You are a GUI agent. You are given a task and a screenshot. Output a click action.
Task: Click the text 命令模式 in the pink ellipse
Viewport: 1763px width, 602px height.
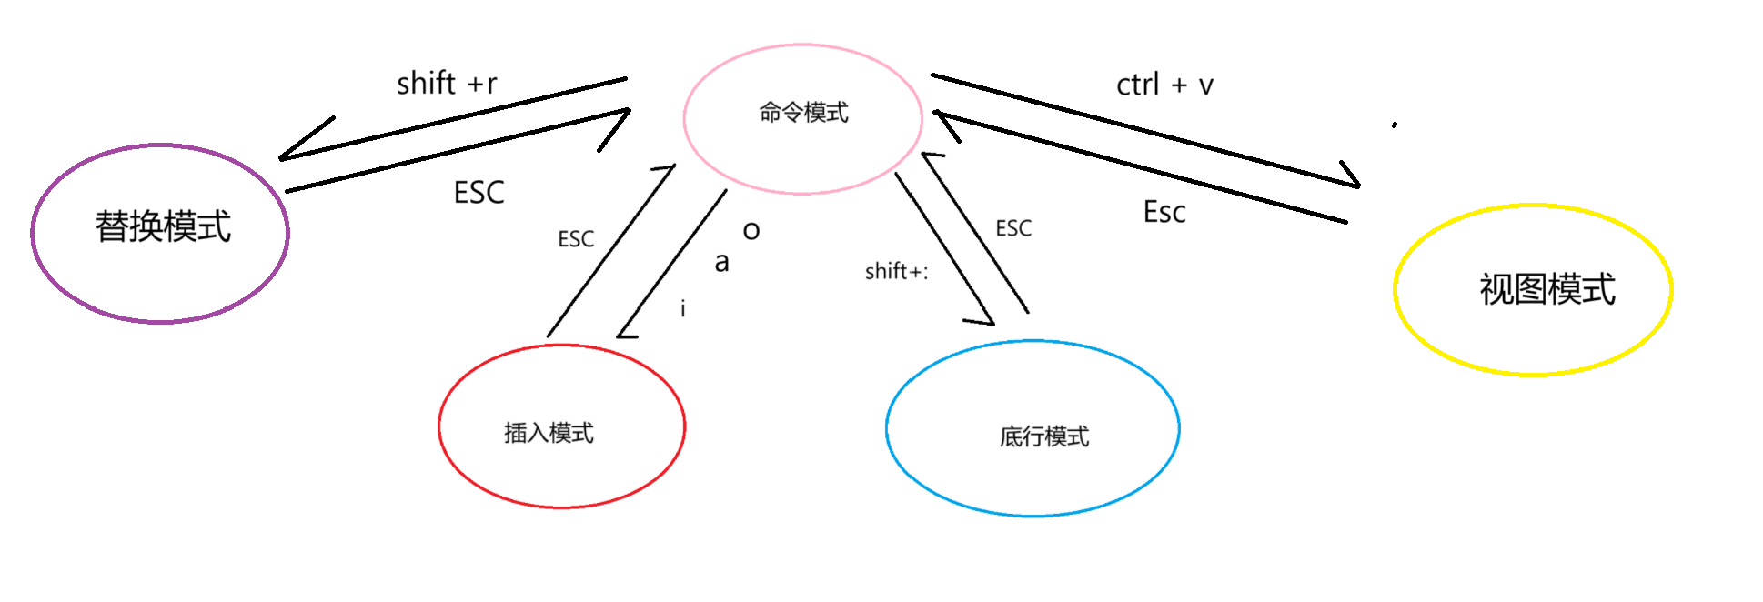click(803, 113)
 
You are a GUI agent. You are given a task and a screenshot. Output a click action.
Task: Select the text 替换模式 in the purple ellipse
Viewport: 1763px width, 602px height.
click(164, 226)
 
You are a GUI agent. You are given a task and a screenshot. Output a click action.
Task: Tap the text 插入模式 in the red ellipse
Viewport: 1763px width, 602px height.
click(549, 433)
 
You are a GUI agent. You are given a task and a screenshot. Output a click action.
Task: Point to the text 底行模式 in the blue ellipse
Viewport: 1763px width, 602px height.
click(1044, 436)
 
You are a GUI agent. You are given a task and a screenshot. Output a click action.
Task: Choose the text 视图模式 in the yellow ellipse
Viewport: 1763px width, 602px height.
click(1547, 289)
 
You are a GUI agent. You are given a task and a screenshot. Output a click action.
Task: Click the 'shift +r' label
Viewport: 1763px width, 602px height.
click(447, 84)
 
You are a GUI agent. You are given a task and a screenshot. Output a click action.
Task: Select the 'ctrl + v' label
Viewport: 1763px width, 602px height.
click(1164, 85)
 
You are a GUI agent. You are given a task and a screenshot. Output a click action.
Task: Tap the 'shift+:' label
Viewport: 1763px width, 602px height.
click(896, 271)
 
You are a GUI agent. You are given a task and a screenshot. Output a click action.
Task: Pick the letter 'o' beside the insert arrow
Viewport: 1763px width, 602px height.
click(751, 231)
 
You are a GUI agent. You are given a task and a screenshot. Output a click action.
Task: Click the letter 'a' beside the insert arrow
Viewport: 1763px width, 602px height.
click(721, 263)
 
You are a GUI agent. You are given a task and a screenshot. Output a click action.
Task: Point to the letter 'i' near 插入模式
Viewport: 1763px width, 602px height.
click(682, 309)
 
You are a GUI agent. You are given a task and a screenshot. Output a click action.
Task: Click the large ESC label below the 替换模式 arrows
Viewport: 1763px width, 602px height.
click(479, 193)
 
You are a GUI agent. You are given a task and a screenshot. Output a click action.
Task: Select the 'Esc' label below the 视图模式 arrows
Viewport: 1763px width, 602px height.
click(1164, 213)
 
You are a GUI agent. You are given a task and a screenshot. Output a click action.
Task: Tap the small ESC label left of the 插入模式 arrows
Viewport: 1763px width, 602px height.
click(576, 239)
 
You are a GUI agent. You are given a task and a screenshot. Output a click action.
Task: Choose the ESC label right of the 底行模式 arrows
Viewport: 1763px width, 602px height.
click(1013, 228)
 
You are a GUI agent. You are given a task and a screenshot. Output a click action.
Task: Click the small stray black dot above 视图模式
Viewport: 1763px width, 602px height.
click(1394, 125)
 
